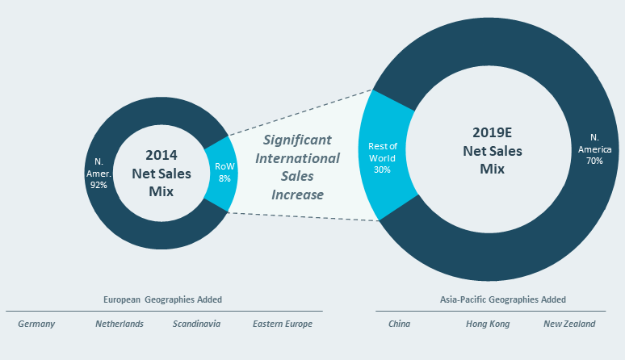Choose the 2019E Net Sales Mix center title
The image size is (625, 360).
coord(492,150)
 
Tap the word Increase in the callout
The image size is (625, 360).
coord(297,195)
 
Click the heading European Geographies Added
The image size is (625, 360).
coord(162,299)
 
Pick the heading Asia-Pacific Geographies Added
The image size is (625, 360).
coord(502,299)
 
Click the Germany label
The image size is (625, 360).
coord(36,324)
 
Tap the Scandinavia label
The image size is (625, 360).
coord(196,324)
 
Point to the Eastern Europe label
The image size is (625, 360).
coord(282,324)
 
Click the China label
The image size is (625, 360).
coord(399,324)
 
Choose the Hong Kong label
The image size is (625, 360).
coord(483,324)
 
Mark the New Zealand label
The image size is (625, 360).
coord(568,324)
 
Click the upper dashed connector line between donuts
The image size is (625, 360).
coord(299,111)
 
